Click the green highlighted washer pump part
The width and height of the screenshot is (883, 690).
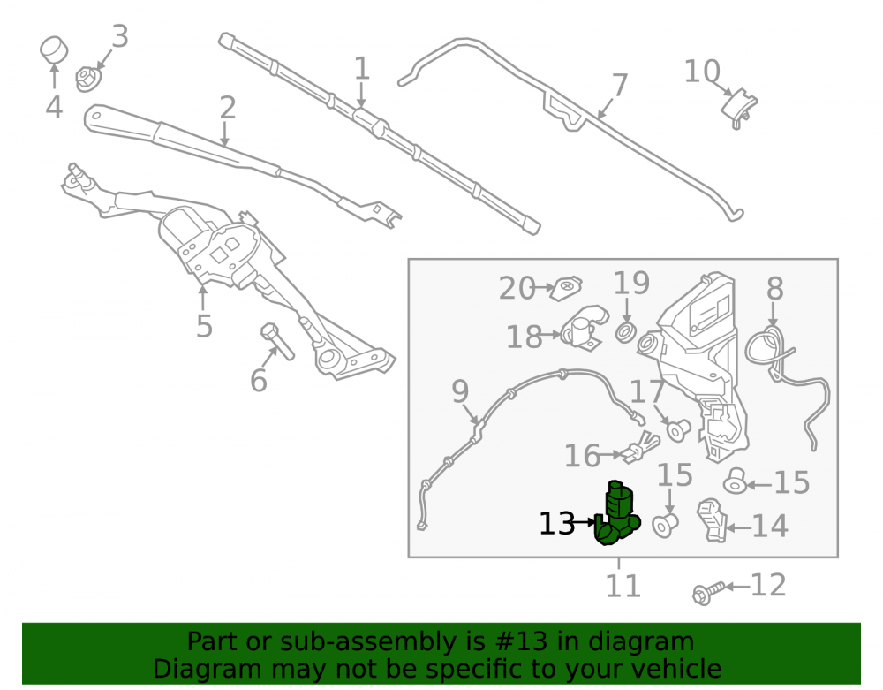click(x=616, y=515)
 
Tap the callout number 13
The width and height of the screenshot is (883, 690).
click(x=557, y=525)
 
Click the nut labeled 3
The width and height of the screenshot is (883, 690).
click(x=87, y=80)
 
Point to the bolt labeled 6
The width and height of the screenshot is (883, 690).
click(x=277, y=341)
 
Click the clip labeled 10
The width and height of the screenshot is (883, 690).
click(x=740, y=108)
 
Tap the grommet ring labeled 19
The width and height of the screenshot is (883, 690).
click(x=626, y=333)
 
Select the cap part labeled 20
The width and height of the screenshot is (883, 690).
click(x=566, y=288)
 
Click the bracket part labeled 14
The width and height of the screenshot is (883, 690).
click(x=713, y=520)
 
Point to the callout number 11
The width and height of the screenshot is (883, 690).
click(x=623, y=587)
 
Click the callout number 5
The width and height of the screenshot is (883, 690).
click(x=205, y=327)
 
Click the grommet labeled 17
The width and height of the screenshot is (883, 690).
click(x=677, y=430)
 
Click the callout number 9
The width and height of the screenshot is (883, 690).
click(x=460, y=391)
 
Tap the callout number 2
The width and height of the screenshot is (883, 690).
click(x=227, y=107)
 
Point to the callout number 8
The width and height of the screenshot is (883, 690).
click(x=775, y=288)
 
